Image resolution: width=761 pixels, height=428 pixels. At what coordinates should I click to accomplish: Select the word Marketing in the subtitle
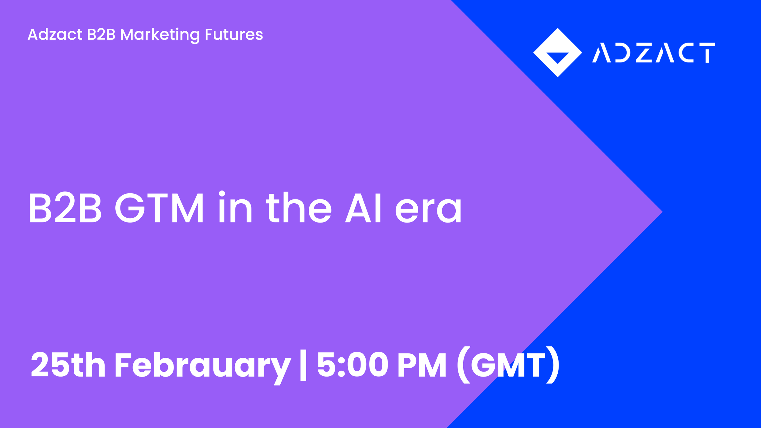pos(160,34)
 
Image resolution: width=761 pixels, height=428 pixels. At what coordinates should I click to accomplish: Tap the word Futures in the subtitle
pos(234,34)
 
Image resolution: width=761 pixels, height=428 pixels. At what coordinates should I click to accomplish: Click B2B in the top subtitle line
pos(101,34)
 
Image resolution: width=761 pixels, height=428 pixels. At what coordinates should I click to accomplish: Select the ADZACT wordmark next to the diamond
pos(653,53)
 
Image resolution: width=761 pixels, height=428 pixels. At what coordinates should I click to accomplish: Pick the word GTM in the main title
pos(159,208)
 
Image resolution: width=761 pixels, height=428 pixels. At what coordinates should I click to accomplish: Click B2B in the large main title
pos(65,208)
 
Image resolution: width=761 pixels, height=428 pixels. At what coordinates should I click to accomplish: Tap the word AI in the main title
pos(363,208)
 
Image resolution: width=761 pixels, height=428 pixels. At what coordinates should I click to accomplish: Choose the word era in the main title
pos(428,210)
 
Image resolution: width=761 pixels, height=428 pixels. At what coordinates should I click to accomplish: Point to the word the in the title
pos(299,208)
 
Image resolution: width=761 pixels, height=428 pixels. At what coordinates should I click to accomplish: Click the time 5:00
pos(352,364)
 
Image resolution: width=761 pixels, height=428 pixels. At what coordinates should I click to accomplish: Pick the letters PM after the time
pos(422,364)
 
